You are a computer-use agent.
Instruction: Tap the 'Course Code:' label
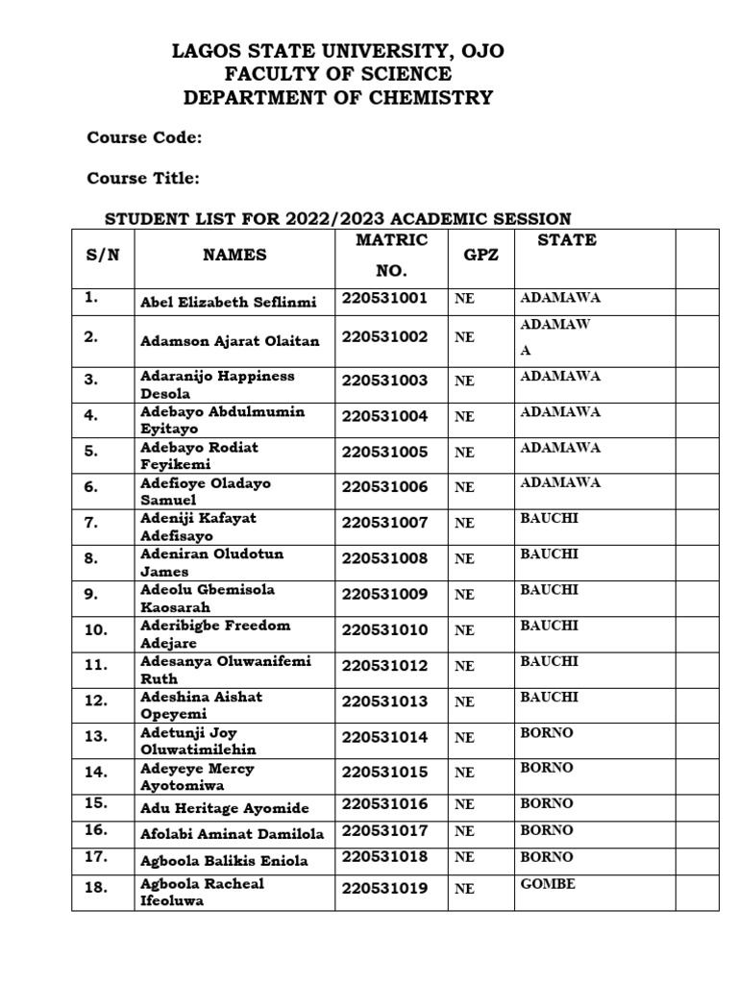pyautogui.click(x=144, y=137)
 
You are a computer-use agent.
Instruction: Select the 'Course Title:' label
pyautogui.click(x=143, y=178)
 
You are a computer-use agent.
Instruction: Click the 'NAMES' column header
pyautogui.click(x=234, y=255)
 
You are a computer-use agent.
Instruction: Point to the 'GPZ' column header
pyautogui.click(x=481, y=257)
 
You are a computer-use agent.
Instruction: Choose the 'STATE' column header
pyautogui.click(x=567, y=240)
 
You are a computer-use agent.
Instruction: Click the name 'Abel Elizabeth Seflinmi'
pyautogui.click(x=228, y=302)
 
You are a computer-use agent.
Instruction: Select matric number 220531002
pyautogui.click(x=384, y=337)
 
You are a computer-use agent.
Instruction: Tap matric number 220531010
pyautogui.click(x=384, y=630)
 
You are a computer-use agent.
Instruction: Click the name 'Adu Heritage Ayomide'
pyautogui.click(x=224, y=807)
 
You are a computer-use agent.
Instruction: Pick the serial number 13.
pyautogui.click(x=95, y=737)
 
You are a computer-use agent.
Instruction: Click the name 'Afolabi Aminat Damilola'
pyautogui.click(x=232, y=834)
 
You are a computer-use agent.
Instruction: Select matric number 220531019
pyautogui.click(x=384, y=889)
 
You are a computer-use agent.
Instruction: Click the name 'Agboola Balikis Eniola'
pyautogui.click(x=224, y=861)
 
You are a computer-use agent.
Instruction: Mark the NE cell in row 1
pyautogui.click(x=464, y=300)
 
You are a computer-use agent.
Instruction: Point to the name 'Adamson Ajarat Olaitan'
pyautogui.click(x=230, y=341)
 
